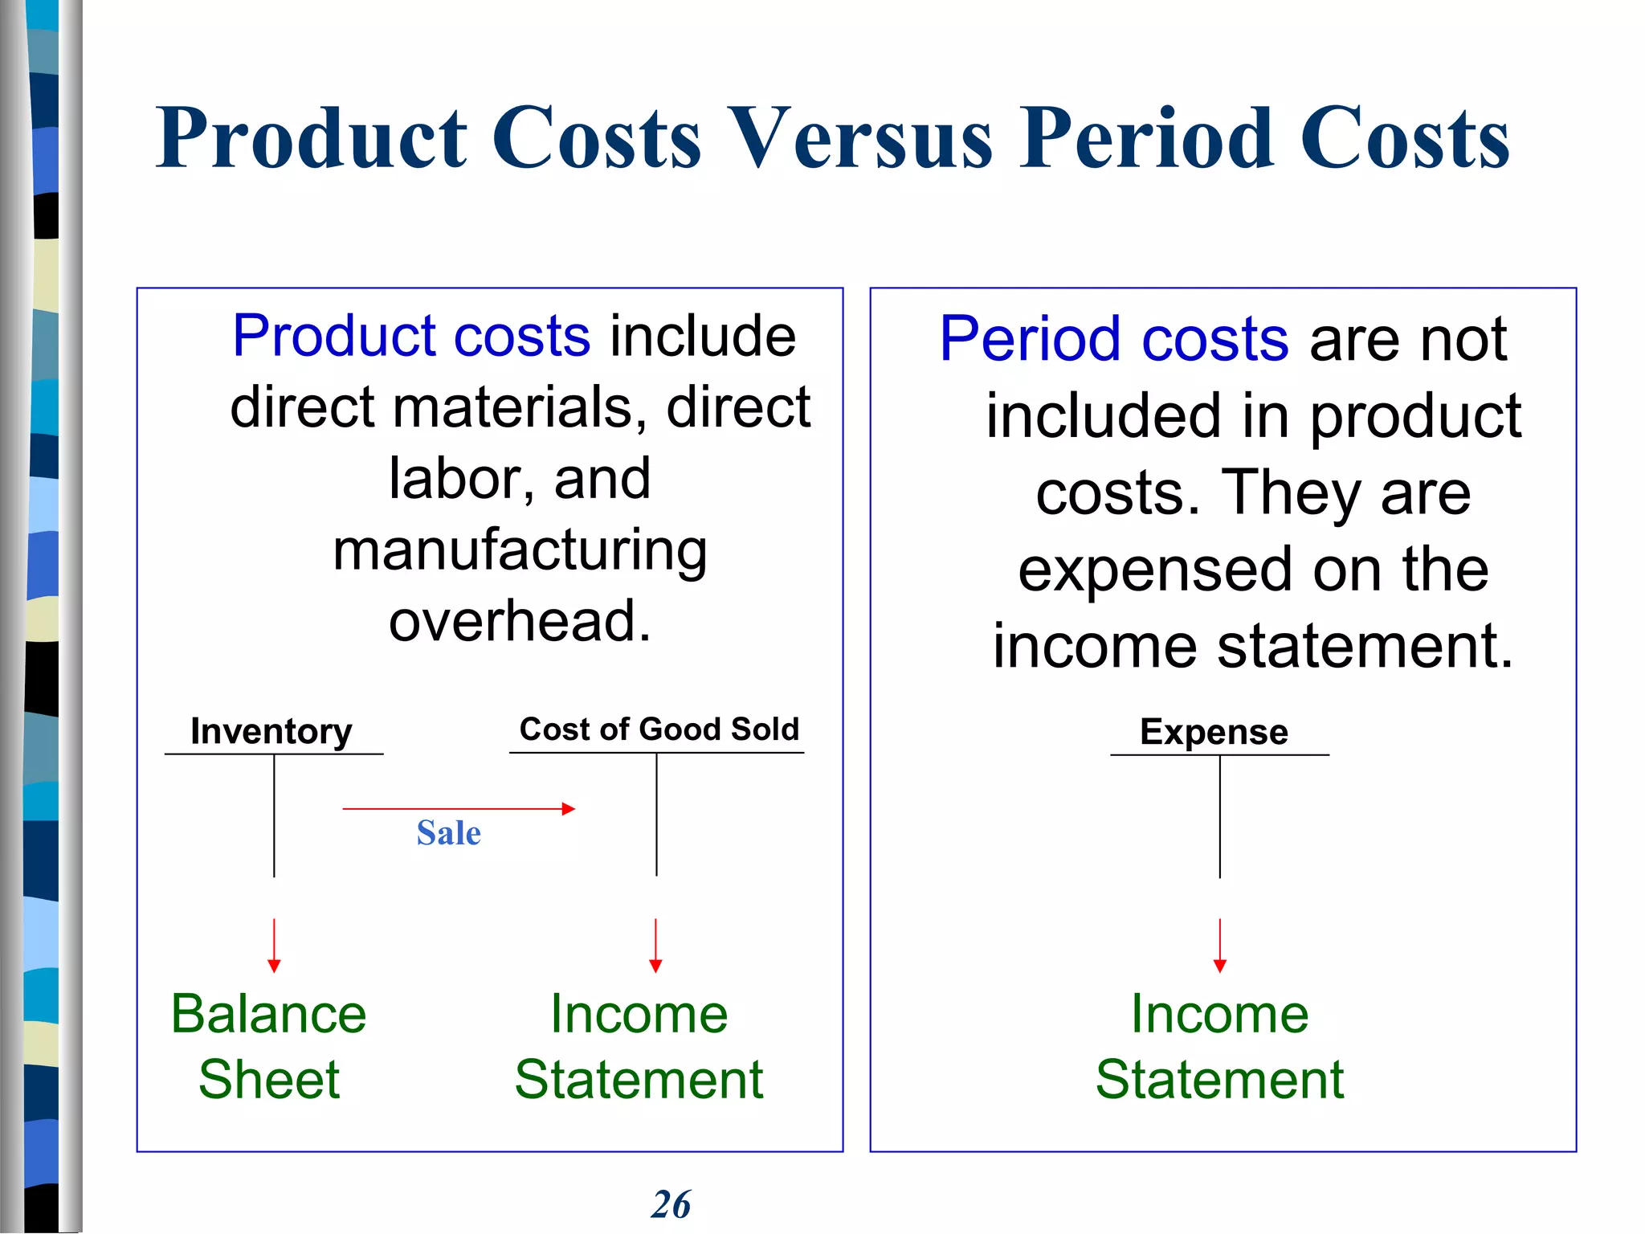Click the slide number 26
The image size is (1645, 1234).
pos(671,1204)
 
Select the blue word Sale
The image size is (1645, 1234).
pos(448,832)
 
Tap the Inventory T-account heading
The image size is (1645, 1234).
pos(271,731)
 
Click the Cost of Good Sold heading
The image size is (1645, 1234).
pos(659,729)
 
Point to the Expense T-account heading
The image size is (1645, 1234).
pos(1214,732)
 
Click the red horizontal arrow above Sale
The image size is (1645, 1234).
pos(458,808)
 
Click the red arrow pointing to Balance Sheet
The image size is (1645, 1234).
pos(274,946)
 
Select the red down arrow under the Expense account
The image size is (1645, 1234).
pos(1219,946)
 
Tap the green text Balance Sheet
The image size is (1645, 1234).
pos(269,1046)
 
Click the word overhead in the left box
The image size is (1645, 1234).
pos(520,621)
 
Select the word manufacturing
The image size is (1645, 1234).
pos(520,551)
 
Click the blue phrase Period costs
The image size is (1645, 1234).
pos(1113,339)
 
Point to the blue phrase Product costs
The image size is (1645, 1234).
pos(411,335)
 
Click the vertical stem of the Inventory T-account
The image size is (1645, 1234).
pos(274,815)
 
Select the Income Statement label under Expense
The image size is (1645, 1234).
pos(1219,1046)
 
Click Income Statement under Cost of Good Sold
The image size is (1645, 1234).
pos(639,1046)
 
